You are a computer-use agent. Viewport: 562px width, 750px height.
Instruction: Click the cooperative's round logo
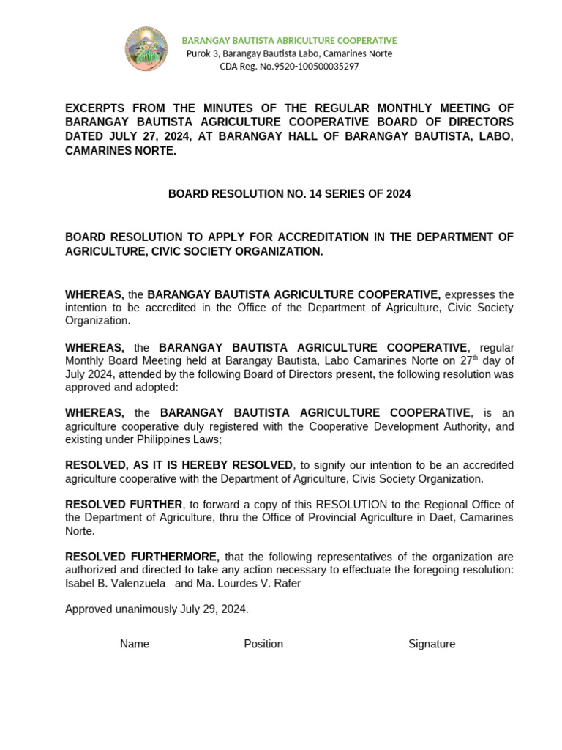[146, 49]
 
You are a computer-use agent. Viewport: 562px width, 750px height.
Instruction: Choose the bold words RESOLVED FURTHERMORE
[142, 557]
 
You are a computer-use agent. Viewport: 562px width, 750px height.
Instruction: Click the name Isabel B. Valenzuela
[115, 583]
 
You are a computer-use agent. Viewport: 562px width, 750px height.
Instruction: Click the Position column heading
[263, 644]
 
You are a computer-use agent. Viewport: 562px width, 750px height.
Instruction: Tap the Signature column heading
[432, 644]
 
